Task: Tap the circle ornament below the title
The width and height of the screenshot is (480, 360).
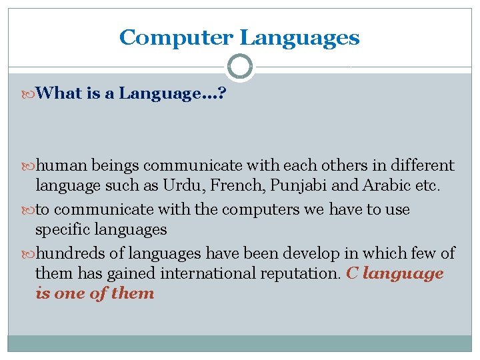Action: click(x=239, y=67)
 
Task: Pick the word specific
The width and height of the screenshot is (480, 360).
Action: click(x=63, y=230)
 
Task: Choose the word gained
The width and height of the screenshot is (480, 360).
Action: click(x=123, y=273)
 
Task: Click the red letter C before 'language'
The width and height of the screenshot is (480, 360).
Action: click(x=352, y=273)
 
